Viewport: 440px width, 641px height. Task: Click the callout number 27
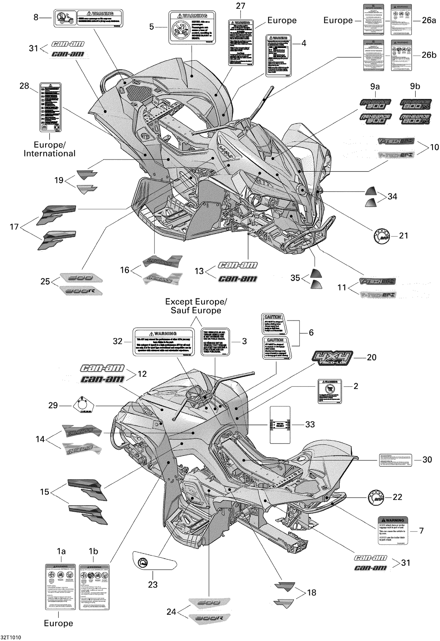tap(240, 6)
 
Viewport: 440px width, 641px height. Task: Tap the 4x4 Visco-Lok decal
tap(332, 358)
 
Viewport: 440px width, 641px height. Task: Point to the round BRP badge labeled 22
tap(376, 497)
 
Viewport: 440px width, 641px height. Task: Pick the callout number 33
tap(310, 424)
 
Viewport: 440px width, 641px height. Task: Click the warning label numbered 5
tap(192, 28)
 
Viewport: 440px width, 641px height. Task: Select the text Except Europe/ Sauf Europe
tap(196, 306)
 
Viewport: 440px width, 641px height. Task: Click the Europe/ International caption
tap(50, 149)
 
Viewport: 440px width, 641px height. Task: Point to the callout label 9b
tap(415, 86)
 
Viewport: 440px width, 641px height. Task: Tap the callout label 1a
tap(61, 551)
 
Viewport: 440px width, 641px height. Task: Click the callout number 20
tap(371, 357)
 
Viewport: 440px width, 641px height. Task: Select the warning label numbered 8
tap(88, 18)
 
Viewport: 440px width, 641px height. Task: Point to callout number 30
tap(427, 460)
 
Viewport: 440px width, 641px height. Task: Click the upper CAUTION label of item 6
tap(273, 324)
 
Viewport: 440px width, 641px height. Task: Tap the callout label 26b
tap(429, 55)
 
